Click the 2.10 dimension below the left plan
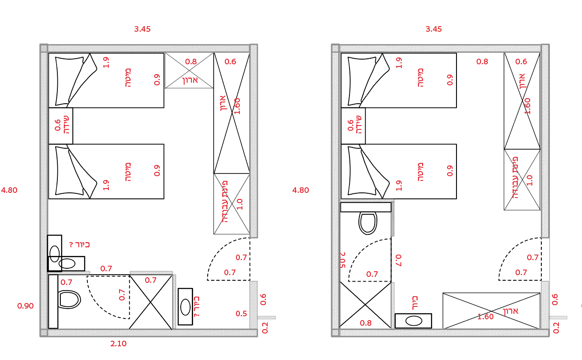(x=119, y=343)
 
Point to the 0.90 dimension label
(x=25, y=306)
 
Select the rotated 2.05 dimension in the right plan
(x=343, y=260)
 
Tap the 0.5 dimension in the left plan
(x=241, y=314)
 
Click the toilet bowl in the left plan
(x=69, y=299)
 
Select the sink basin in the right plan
(x=413, y=321)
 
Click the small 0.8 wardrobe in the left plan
(x=189, y=71)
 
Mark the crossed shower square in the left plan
(x=151, y=302)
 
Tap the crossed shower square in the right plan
(x=365, y=305)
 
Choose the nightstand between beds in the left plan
(x=60, y=126)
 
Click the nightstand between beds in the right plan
(x=353, y=126)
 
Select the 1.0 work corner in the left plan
(x=231, y=204)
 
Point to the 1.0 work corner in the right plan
(x=522, y=180)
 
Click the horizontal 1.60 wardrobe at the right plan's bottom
(x=491, y=311)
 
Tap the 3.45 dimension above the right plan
(x=433, y=29)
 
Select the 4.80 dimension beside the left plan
(x=9, y=190)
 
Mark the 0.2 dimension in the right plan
(x=556, y=327)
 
